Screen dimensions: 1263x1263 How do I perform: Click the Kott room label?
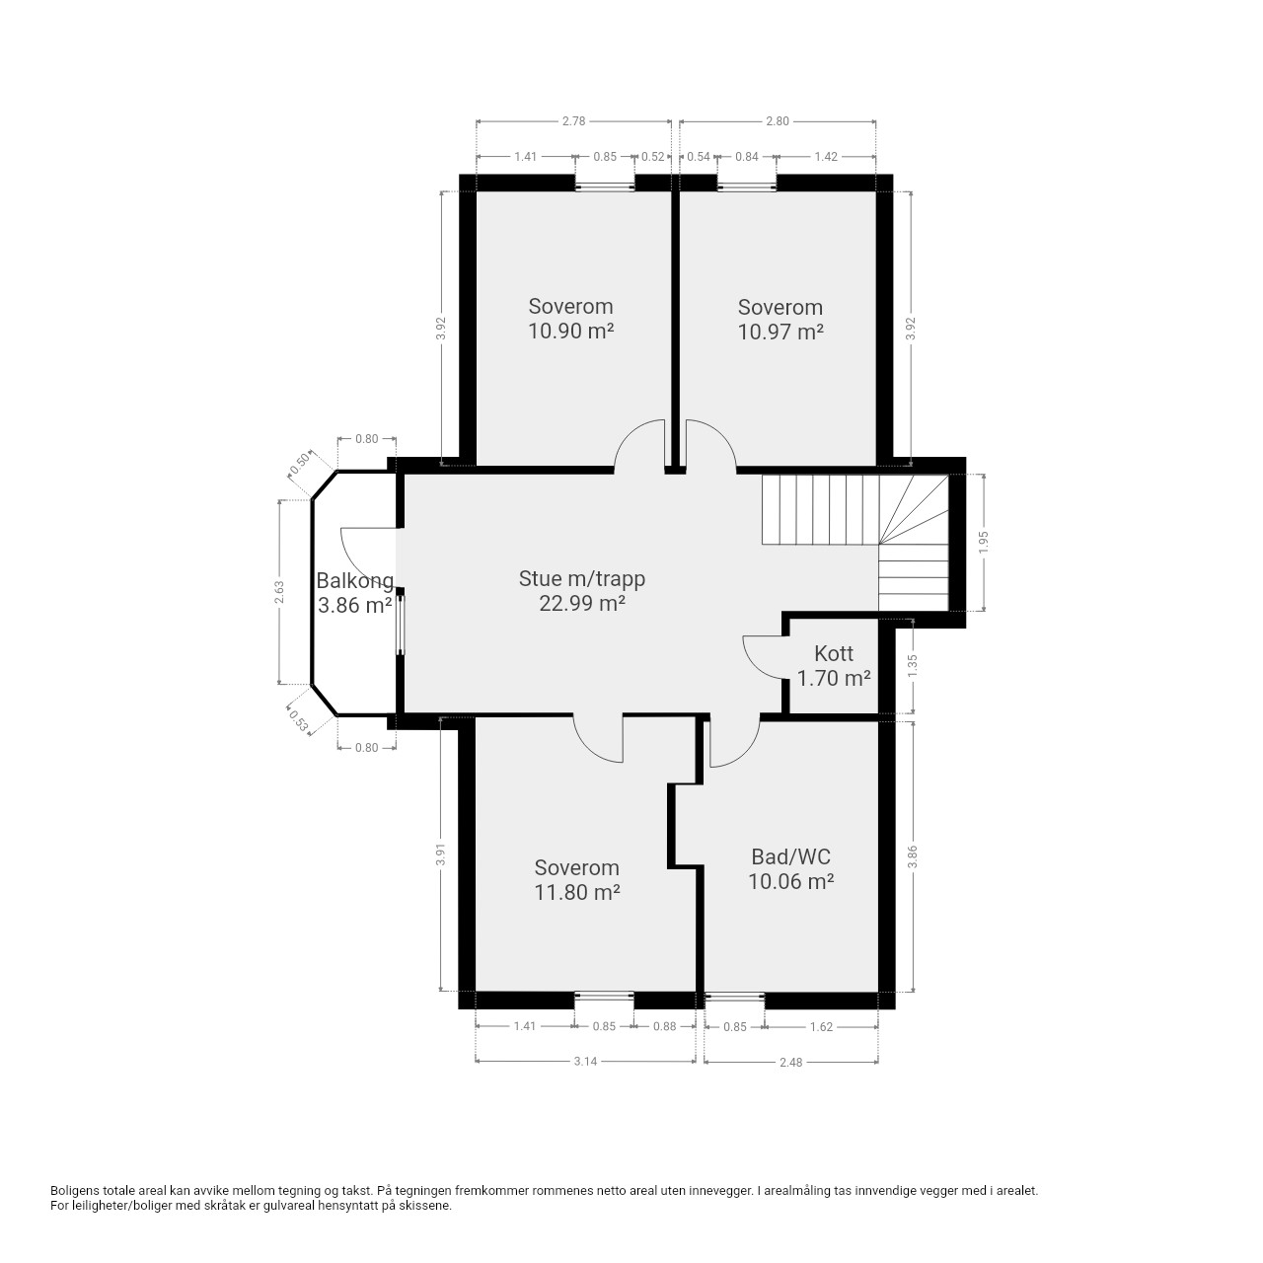tap(834, 653)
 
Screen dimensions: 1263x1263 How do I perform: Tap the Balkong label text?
tap(354, 581)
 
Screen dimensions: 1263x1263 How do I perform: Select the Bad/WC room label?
tap(790, 856)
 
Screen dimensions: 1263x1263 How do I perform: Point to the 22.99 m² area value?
tap(581, 603)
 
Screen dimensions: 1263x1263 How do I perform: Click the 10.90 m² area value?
tap(571, 331)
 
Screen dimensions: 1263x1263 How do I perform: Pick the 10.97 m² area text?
tap(780, 332)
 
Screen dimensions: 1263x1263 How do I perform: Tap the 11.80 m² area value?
tap(577, 892)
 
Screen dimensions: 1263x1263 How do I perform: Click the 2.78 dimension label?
tap(573, 121)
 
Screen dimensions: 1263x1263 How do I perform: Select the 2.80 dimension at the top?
tap(778, 121)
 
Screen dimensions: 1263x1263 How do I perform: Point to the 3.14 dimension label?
tap(585, 1061)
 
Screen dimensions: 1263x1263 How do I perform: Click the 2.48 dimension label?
tap(791, 1062)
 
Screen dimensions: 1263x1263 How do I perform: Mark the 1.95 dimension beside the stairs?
tap(983, 542)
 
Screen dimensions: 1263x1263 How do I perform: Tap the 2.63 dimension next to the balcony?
tap(280, 592)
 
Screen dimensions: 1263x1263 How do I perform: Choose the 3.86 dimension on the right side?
tap(913, 856)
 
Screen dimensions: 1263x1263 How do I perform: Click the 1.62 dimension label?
tap(821, 1026)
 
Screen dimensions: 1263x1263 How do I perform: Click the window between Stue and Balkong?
tap(401, 624)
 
